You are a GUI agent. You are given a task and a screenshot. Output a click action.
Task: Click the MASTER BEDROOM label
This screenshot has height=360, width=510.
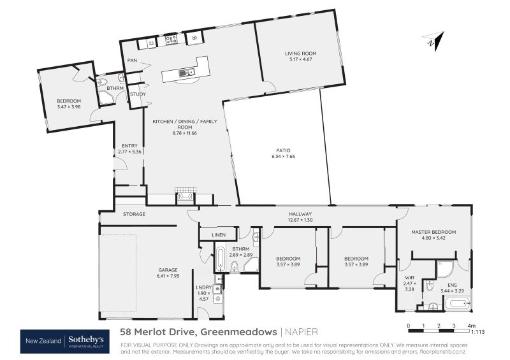433,232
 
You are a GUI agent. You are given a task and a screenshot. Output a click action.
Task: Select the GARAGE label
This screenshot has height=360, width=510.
168,270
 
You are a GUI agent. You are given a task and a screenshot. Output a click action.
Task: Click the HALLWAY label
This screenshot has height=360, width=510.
300,214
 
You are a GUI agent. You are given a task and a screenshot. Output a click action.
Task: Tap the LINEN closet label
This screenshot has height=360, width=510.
219,236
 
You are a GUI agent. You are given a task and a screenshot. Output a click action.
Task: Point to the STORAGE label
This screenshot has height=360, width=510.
135,214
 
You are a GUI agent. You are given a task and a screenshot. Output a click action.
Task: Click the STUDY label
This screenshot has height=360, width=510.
137,94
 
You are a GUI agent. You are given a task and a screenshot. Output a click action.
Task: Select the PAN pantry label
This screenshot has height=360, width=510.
132,61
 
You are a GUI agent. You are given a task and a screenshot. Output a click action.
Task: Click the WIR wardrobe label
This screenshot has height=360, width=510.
409,278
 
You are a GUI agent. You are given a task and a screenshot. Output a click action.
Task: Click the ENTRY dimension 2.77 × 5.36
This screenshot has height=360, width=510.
129,152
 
